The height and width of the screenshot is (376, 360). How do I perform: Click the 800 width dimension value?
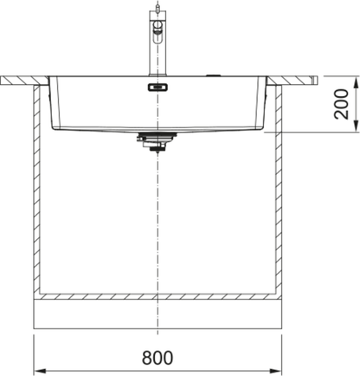pos(157,358)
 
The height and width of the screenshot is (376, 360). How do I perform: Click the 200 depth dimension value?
pos(341,104)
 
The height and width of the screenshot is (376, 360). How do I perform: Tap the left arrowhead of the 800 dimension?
pos(41,371)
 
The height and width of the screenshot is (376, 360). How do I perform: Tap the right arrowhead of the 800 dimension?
pos(275,371)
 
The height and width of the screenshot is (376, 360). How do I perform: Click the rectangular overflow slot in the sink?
pos(157,88)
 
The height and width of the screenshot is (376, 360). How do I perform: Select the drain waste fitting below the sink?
pos(157,141)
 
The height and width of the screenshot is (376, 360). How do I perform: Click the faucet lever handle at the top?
pos(157,29)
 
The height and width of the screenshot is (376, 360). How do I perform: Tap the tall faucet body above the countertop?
pos(157,43)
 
